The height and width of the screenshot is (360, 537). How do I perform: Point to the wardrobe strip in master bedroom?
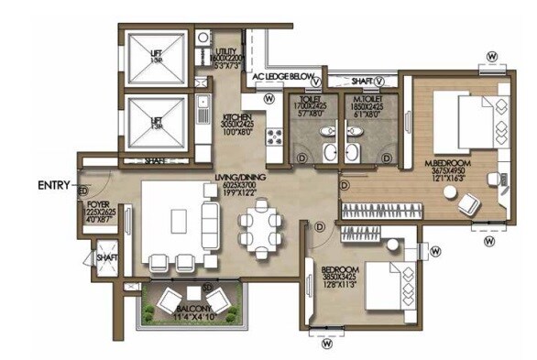pyautogui.click(x=385, y=212)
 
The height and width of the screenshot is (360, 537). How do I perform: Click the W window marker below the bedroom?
pyautogui.click(x=327, y=344)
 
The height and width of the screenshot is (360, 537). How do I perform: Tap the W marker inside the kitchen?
pyautogui.click(x=269, y=98)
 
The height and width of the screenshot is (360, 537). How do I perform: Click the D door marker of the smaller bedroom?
pyautogui.click(x=319, y=226)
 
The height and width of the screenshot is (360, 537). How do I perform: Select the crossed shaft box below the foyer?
pyautogui.click(x=106, y=256)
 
